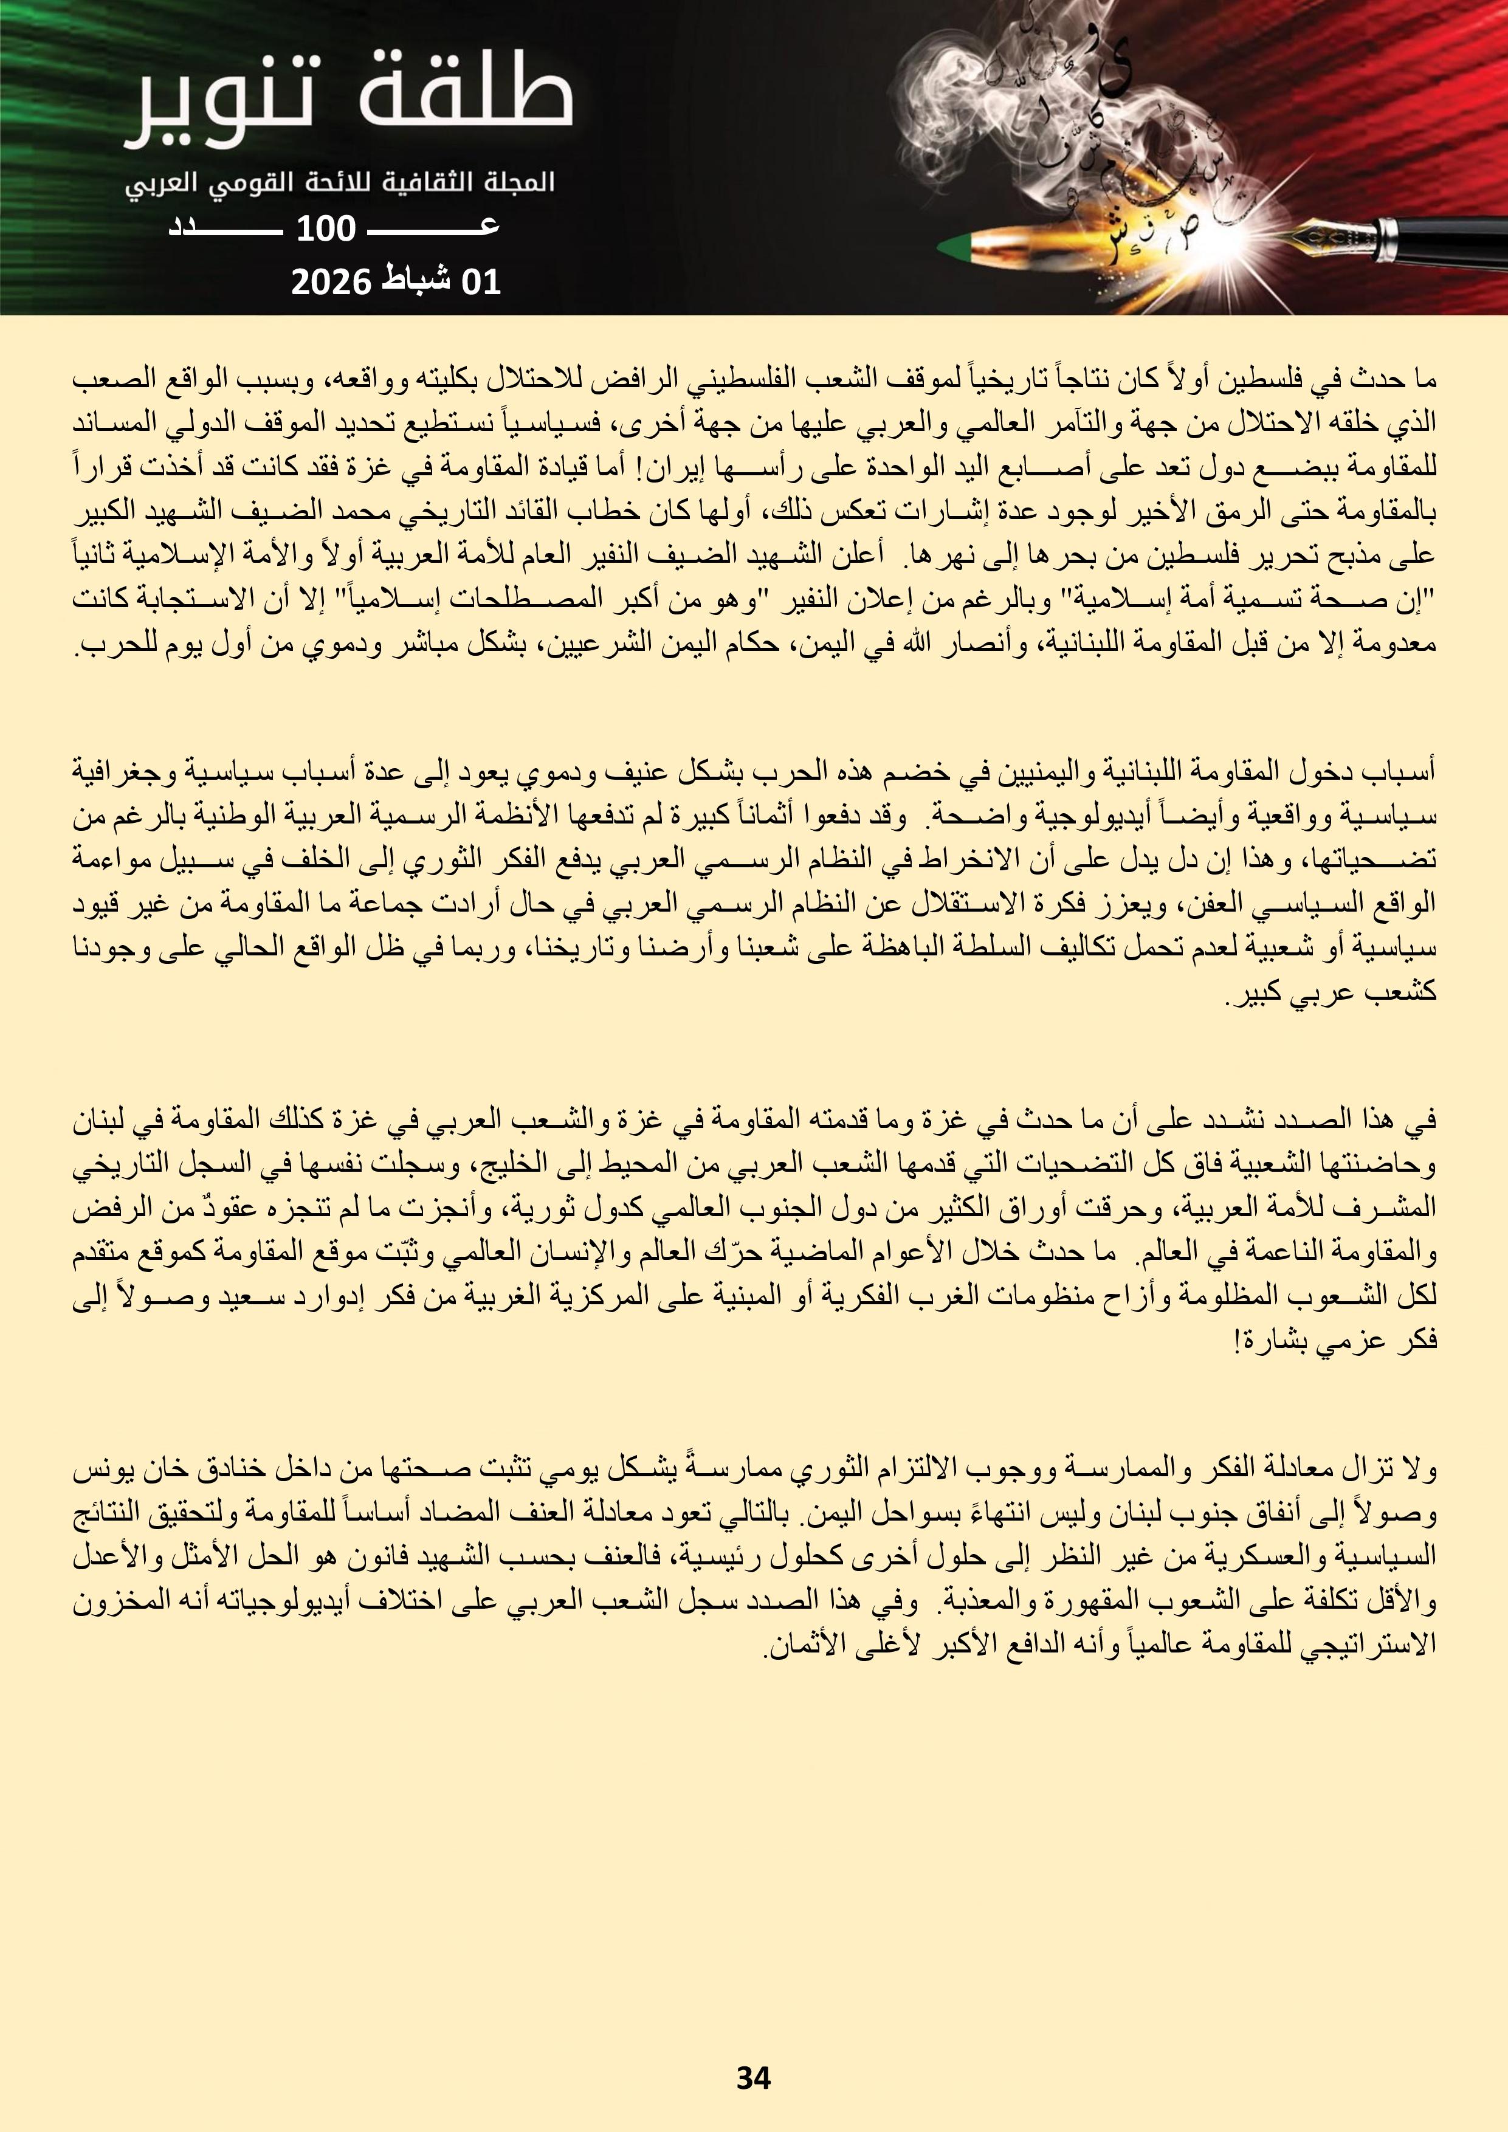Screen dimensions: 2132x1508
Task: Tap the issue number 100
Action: point(325,229)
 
